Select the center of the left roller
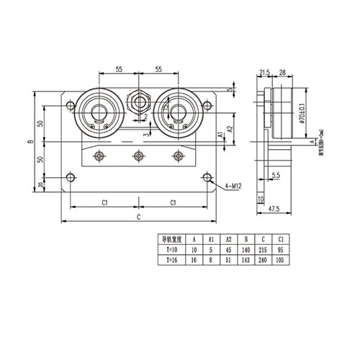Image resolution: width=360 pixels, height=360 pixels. [x=97, y=109]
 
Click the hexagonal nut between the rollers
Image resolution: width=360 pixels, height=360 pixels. [x=137, y=99]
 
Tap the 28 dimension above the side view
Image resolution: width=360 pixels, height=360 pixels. [x=282, y=73]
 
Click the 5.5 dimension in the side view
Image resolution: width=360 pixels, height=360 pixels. [x=276, y=174]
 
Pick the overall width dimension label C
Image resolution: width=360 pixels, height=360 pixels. [x=137, y=217]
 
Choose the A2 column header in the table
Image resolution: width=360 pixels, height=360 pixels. [x=228, y=238]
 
